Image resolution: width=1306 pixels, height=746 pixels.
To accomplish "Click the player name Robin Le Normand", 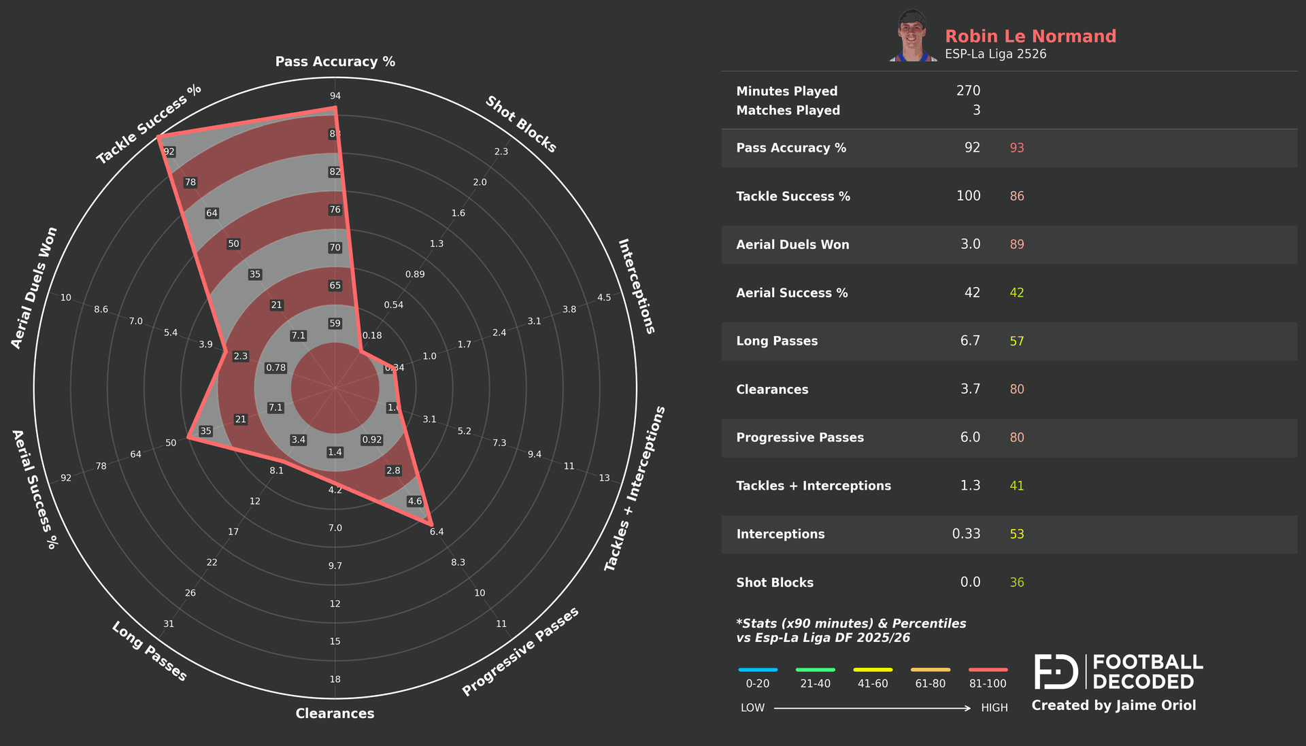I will tap(1030, 36).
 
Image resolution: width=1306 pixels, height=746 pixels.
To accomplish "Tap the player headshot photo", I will tap(912, 36).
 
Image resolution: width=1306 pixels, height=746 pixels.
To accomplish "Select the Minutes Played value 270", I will tap(968, 91).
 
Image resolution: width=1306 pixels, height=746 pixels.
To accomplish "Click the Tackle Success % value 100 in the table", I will tap(968, 196).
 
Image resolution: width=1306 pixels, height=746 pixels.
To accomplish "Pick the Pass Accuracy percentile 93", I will tap(1016, 148).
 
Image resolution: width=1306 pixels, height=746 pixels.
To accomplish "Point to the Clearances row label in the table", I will tap(772, 390).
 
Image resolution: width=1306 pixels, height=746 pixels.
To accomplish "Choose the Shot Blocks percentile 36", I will tap(1016, 583).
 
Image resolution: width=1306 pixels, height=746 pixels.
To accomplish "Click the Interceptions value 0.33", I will tap(966, 534).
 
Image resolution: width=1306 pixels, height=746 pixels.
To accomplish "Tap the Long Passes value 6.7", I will tap(970, 341).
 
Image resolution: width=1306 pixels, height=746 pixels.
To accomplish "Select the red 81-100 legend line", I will tap(988, 670).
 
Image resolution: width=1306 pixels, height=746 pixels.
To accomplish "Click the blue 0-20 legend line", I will tap(758, 670).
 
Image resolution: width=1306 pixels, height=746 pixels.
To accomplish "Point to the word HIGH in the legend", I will tap(994, 708).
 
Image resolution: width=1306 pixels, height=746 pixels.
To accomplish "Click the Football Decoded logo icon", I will tap(1056, 672).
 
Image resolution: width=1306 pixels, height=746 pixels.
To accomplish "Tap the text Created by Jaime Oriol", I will tap(1114, 705).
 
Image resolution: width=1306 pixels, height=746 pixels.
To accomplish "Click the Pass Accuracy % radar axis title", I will tap(335, 62).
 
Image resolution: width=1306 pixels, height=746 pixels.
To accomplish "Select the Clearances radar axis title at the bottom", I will tap(335, 713).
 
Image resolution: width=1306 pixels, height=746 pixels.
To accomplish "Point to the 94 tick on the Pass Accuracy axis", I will tap(335, 96).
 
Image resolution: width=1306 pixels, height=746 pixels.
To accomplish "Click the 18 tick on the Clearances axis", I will tap(335, 679).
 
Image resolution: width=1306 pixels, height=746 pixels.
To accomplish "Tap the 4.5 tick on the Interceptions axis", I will tap(604, 298).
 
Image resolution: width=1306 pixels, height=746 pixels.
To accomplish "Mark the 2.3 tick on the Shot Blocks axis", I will tap(501, 152).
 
